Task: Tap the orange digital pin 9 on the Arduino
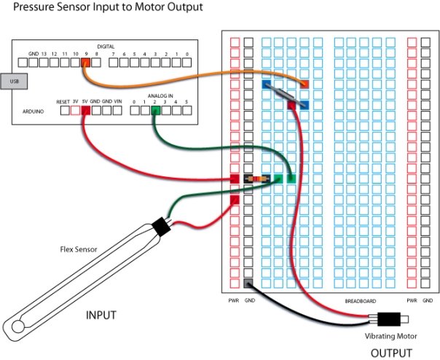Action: pos(85,63)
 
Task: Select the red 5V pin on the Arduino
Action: pos(85,111)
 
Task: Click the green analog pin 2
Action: pos(154,111)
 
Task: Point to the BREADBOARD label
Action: pos(361,300)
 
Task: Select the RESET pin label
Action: pos(63,101)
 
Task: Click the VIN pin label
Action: pos(118,101)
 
